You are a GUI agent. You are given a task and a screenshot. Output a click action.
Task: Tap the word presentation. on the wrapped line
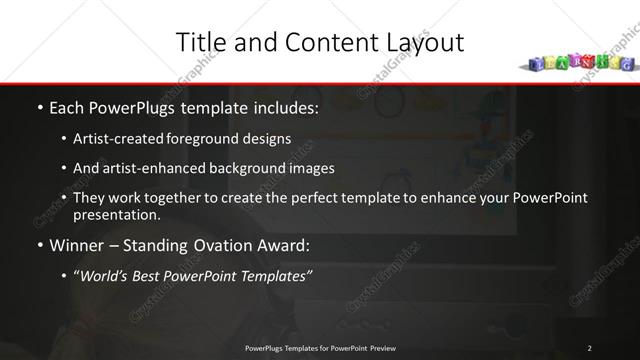click(x=116, y=215)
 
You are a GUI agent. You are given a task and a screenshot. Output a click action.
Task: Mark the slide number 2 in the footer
click(x=589, y=347)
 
